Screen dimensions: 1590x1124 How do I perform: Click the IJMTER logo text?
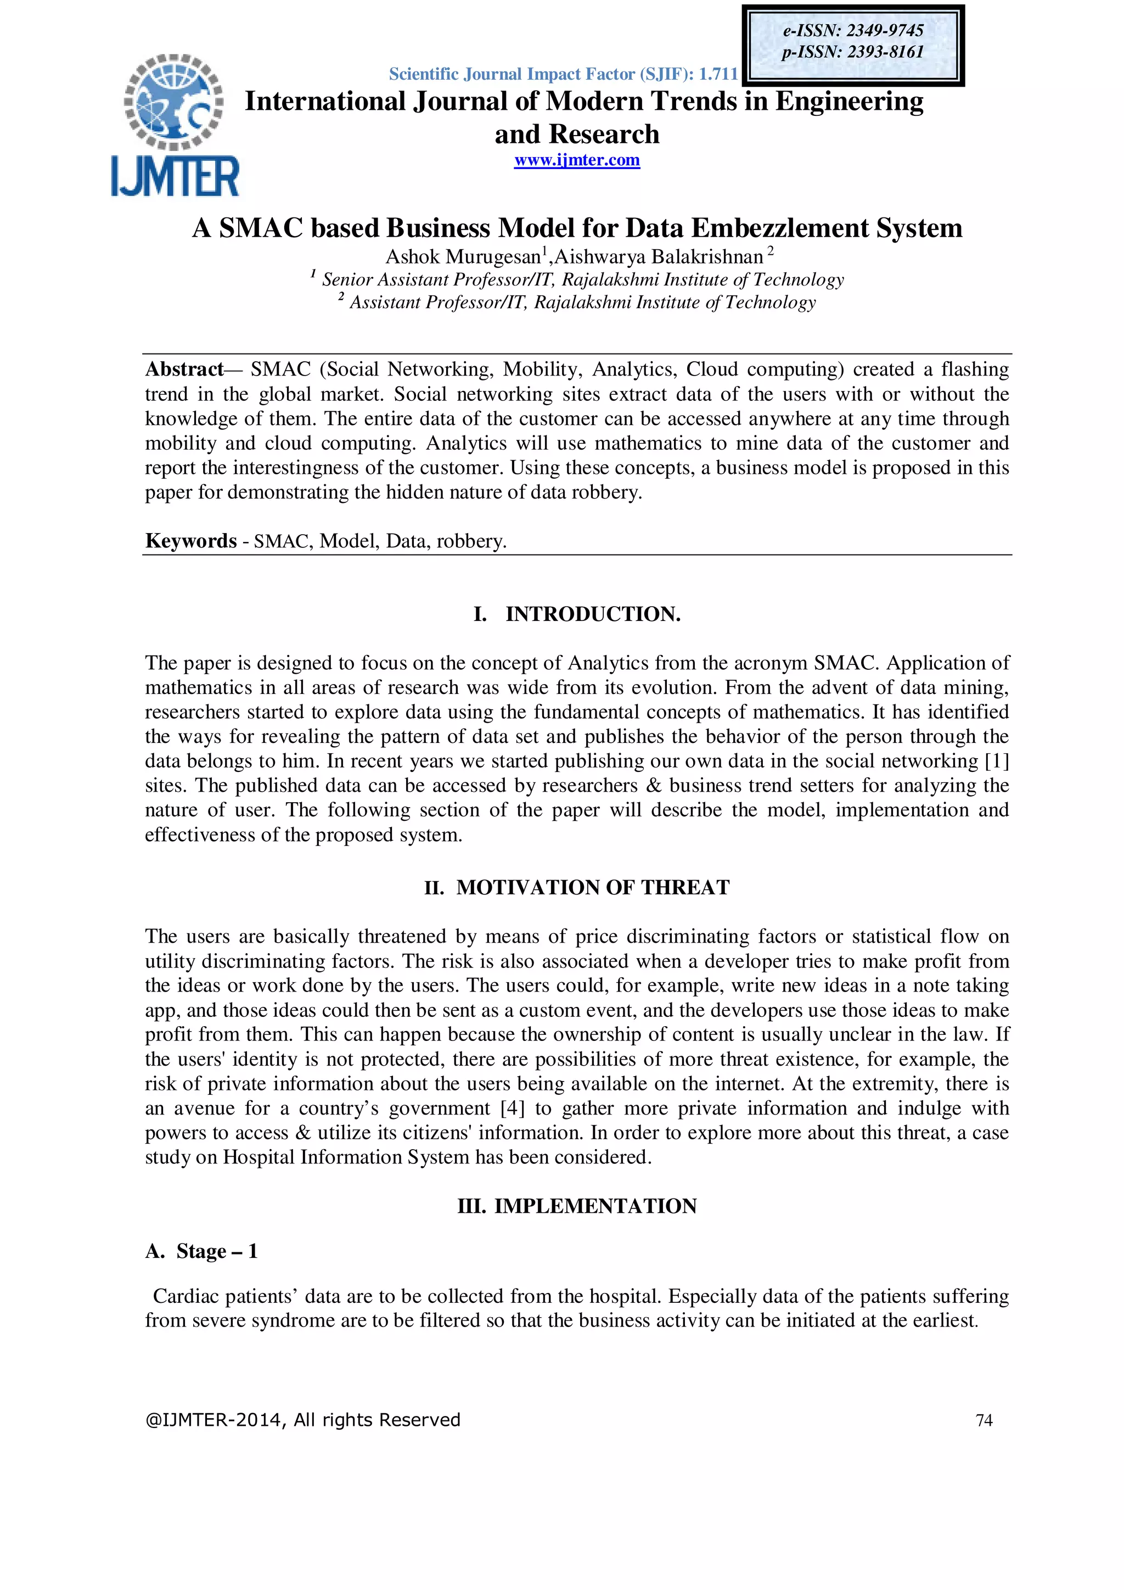[175, 177]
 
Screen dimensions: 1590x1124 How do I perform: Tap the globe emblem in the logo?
[174, 102]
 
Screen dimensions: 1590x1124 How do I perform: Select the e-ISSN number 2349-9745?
[885, 30]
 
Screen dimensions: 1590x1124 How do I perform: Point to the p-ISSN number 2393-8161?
[885, 52]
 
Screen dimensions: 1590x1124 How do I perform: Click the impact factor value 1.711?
[718, 74]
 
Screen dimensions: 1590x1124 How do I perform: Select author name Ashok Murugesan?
[462, 257]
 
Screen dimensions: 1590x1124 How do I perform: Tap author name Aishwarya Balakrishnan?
[658, 257]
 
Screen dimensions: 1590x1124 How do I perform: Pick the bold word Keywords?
[190, 541]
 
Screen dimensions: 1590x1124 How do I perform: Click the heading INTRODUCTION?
[592, 614]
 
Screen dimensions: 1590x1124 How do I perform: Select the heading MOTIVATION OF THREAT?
[592, 887]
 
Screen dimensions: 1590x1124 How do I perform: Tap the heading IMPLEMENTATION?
[594, 1206]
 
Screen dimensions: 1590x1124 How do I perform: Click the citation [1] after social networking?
[996, 761]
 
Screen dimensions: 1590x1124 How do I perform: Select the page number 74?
[983, 1421]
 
